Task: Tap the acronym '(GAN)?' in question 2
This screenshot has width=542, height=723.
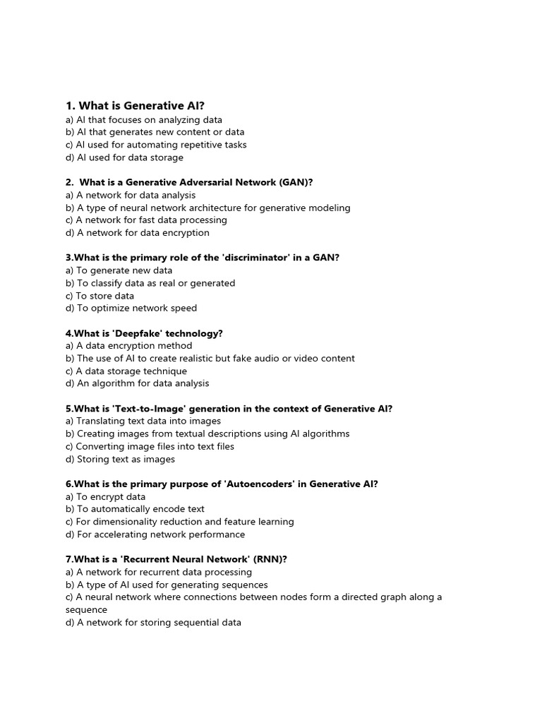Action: coord(296,182)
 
